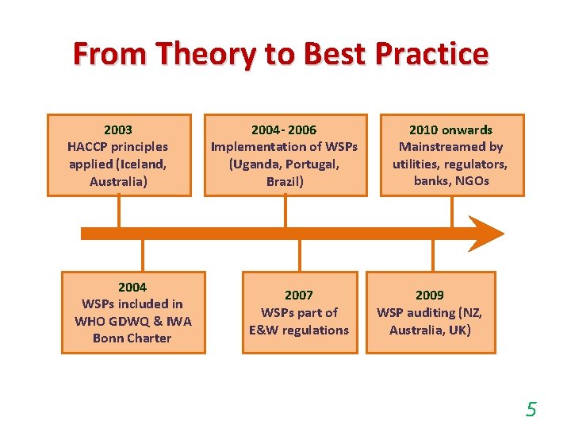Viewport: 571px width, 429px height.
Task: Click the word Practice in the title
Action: [431, 54]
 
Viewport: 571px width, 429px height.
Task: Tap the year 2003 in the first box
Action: [118, 129]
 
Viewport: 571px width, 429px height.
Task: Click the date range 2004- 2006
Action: [284, 129]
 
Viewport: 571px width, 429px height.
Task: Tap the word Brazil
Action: [284, 180]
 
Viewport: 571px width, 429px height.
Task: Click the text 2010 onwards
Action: [450, 129]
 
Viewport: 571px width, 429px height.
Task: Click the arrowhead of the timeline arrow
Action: [485, 234]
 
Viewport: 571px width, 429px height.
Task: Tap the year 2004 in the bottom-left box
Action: [132, 287]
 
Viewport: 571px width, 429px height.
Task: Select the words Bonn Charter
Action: [132, 338]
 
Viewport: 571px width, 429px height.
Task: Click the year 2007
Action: [299, 296]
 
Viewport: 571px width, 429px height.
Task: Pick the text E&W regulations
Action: [299, 330]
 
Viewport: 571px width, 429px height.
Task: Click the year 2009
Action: [430, 296]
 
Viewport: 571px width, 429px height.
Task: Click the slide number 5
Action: [531, 410]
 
